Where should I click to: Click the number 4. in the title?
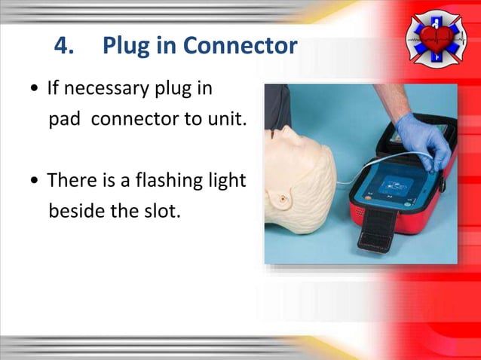[x=66, y=47]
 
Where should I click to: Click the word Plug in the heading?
[x=124, y=47]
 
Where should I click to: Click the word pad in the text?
[x=63, y=119]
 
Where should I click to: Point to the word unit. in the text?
[x=227, y=119]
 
